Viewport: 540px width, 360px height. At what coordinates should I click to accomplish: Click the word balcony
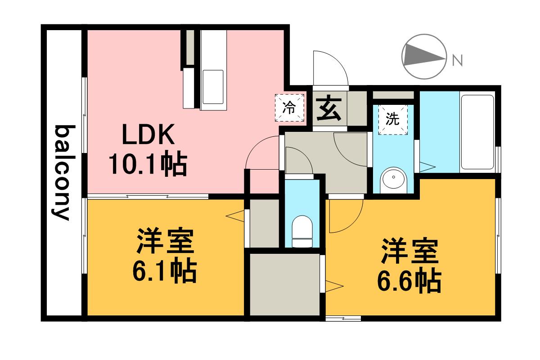click(x=62, y=172)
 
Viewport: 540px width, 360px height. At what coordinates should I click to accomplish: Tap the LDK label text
click(x=147, y=134)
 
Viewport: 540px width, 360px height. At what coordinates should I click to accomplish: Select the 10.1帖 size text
click(x=147, y=165)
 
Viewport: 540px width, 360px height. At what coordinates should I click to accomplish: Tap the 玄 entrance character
click(x=328, y=109)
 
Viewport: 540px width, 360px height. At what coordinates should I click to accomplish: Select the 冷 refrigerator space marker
click(x=289, y=108)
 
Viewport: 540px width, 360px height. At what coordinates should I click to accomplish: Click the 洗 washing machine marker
click(x=393, y=119)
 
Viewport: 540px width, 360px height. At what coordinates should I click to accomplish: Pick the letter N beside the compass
click(x=457, y=59)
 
